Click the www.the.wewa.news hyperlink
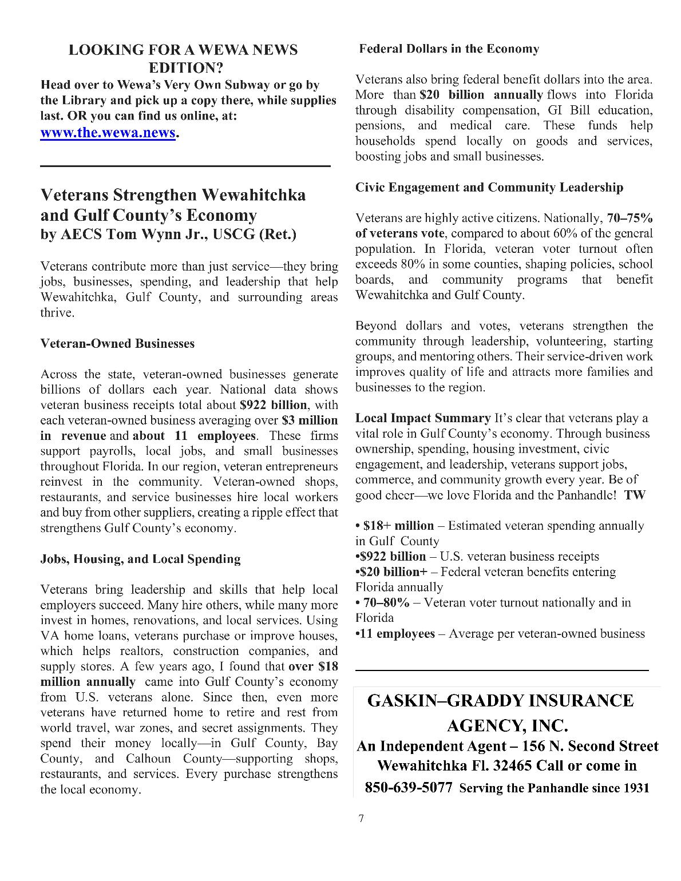108,133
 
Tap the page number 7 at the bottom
361,818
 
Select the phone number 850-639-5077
409,788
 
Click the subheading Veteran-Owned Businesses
117,344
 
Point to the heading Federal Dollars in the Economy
449,49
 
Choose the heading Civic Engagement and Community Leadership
489,188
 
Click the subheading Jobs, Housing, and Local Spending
140,559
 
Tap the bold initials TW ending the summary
635,495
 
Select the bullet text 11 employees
398,634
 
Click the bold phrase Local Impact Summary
423,418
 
